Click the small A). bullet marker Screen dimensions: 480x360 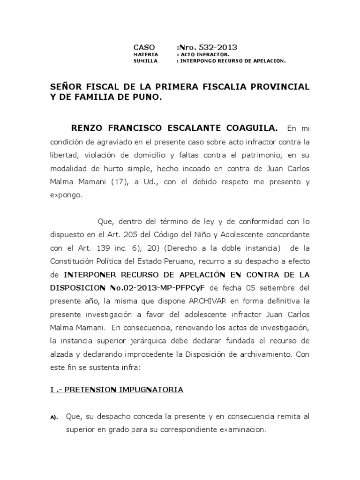click(x=53, y=417)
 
